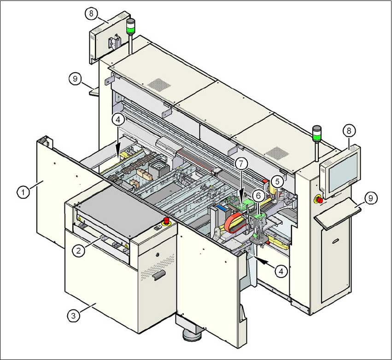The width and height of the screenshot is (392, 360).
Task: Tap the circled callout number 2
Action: (x=79, y=250)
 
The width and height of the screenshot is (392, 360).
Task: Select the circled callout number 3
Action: (x=72, y=316)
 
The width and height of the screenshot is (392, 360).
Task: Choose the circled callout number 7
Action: (x=240, y=163)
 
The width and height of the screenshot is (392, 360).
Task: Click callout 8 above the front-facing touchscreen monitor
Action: (x=349, y=131)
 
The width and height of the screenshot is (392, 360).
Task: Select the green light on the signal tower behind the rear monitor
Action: (x=131, y=30)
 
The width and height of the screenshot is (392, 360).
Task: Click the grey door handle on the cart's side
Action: (x=158, y=275)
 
